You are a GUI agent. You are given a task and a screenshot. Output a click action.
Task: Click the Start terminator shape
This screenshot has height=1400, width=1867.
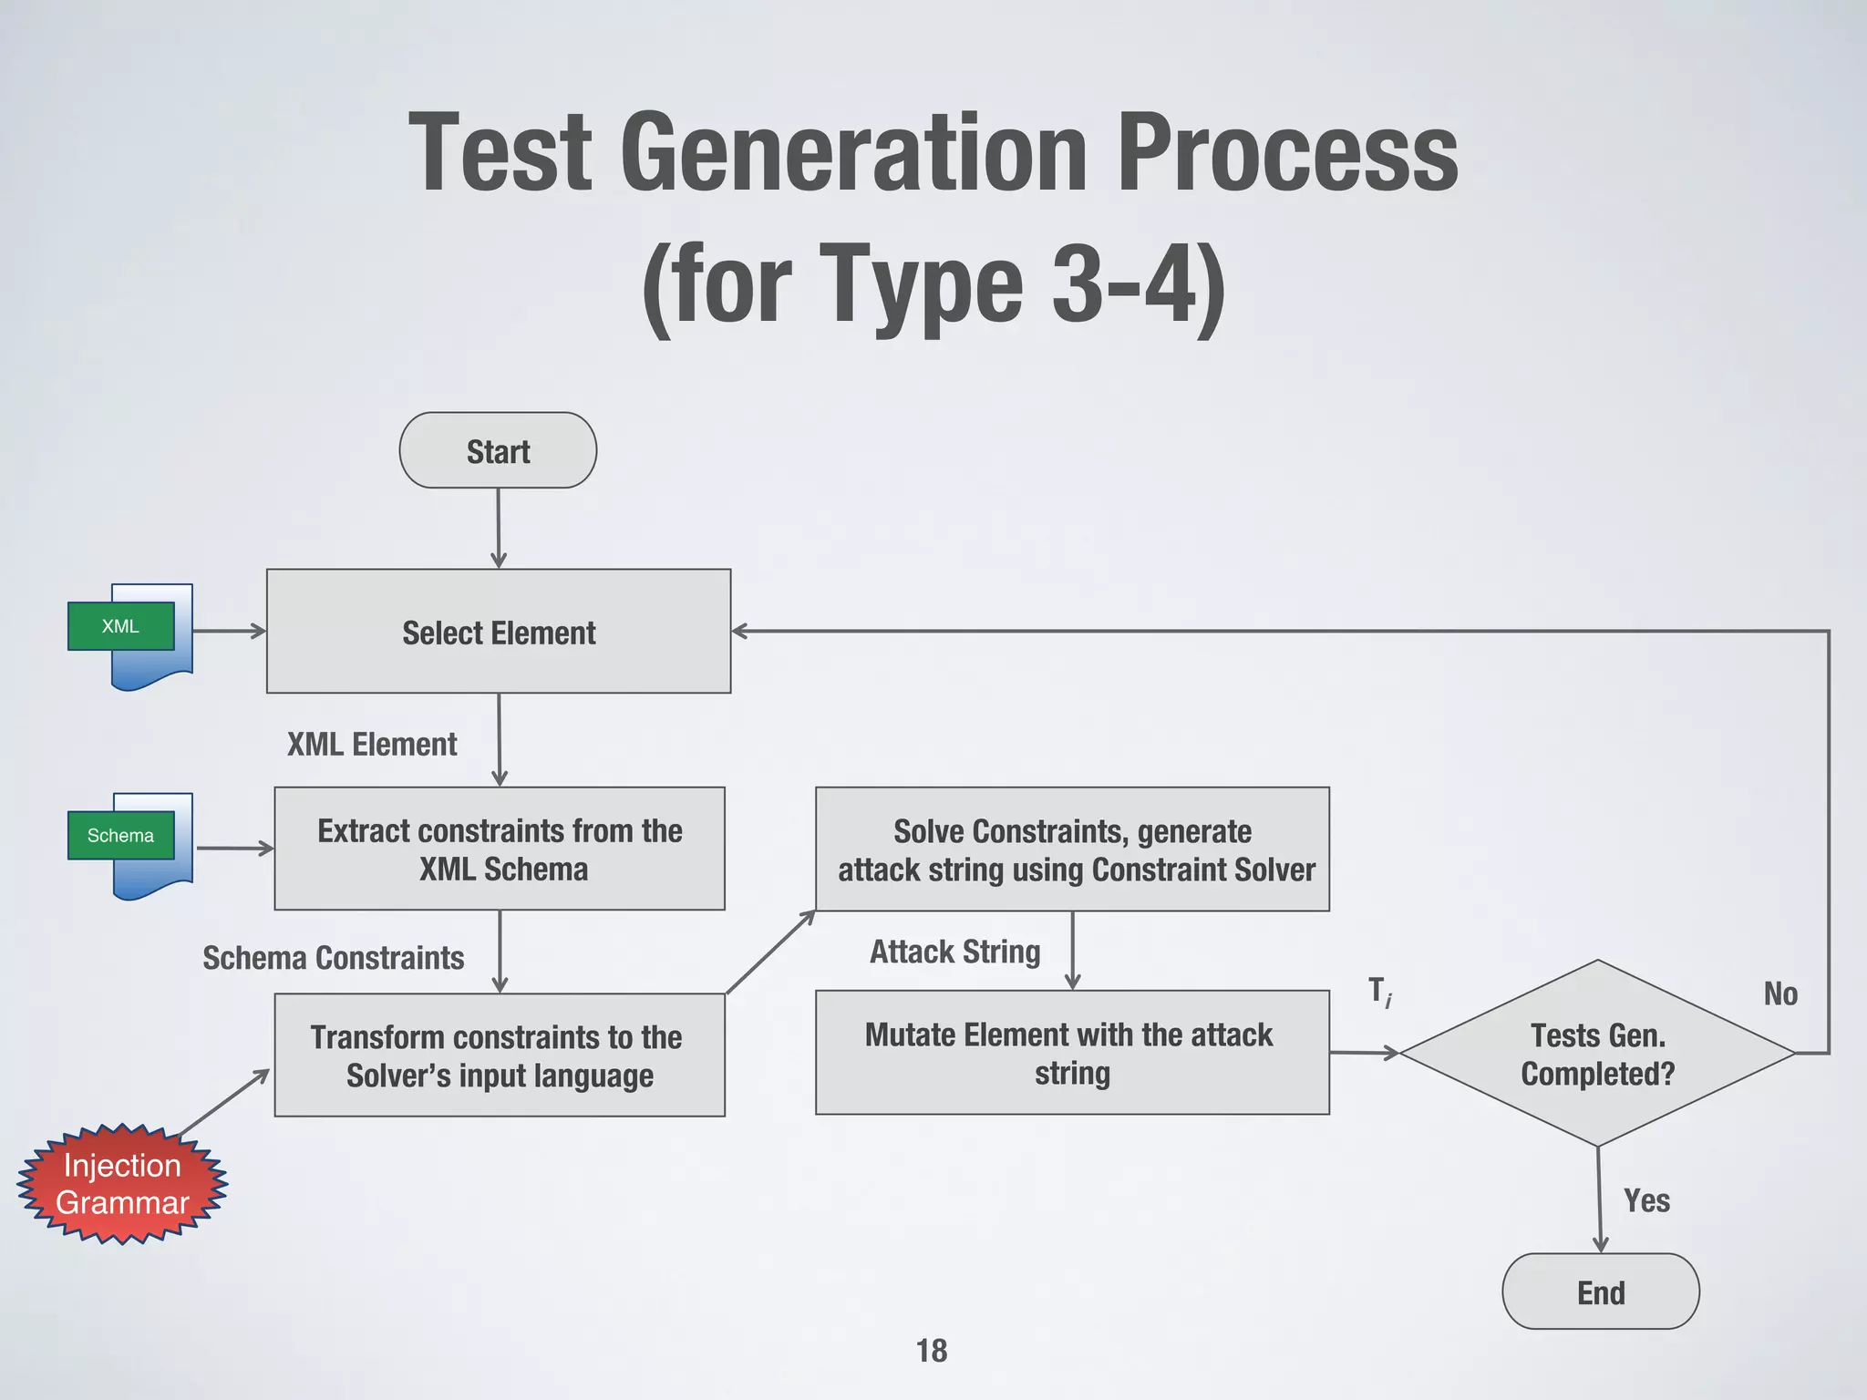click(498, 450)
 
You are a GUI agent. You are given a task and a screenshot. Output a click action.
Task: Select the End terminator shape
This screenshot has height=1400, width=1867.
click(1600, 1292)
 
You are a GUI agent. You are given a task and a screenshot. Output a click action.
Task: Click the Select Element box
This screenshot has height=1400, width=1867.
click(499, 632)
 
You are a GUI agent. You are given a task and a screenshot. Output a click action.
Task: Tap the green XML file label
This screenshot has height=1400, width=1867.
click(120, 626)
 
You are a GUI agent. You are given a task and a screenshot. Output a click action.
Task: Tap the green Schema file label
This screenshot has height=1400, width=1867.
click(120, 835)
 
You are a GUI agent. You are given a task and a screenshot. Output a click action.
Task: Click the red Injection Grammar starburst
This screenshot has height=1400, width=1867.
click(122, 1184)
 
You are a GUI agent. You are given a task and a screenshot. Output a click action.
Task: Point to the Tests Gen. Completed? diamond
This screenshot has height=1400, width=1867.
click(1597, 1054)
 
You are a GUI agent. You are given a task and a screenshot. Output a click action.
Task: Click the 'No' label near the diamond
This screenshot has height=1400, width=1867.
click(1779, 993)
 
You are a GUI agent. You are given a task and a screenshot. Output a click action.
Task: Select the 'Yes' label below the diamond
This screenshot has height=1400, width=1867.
click(1646, 1200)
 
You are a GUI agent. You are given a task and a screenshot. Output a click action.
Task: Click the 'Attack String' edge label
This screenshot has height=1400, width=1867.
click(954, 952)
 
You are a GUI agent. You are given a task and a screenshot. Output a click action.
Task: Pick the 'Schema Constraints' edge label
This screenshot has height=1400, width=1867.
click(333, 958)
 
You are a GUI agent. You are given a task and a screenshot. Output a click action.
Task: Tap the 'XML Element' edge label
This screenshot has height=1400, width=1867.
click(372, 745)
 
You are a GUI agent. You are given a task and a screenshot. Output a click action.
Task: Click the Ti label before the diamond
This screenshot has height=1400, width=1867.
click(1379, 991)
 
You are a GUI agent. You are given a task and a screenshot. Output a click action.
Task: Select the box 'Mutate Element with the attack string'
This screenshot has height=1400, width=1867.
click(1072, 1053)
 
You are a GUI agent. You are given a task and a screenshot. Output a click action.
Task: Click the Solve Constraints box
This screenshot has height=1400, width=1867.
click(1072, 849)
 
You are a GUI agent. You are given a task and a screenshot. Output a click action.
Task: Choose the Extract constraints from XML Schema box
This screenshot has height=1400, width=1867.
click(500, 849)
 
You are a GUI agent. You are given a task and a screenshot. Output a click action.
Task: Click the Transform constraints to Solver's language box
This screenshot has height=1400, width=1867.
click(500, 1055)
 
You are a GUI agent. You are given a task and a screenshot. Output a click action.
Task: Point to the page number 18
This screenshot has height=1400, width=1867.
click(932, 1351)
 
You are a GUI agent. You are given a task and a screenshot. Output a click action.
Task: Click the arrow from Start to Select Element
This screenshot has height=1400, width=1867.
click(498, 529)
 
